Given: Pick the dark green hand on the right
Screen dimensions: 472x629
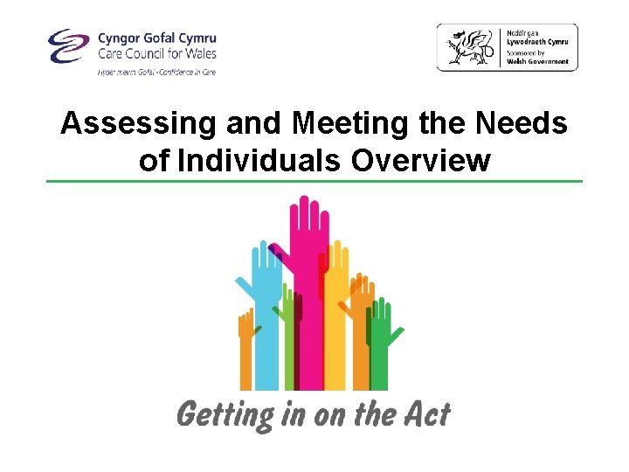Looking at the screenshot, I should (x=381, y=341).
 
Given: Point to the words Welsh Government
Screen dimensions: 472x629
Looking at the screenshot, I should (x=537, y=61).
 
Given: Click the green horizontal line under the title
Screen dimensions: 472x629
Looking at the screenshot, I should (x=314, y=181).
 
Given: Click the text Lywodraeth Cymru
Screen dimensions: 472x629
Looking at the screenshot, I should (x=536, y=41).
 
